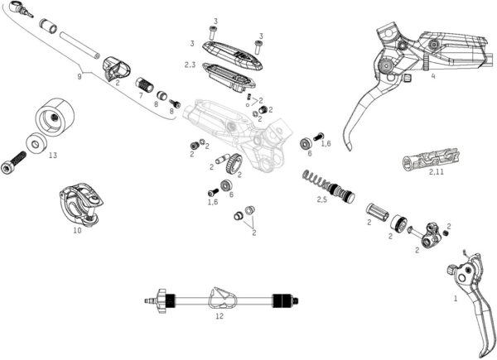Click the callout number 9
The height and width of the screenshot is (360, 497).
pos(80,76)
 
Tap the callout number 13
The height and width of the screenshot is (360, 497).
pos(52,154)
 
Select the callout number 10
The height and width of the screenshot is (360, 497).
pos(77,231)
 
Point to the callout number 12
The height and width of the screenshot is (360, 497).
pos(220,315)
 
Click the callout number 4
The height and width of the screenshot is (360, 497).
pos(432,76)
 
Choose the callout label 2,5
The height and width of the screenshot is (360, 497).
pos(322,199)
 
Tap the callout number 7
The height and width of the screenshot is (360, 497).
pos(141,96)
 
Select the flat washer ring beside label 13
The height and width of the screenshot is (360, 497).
pos(36,142)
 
